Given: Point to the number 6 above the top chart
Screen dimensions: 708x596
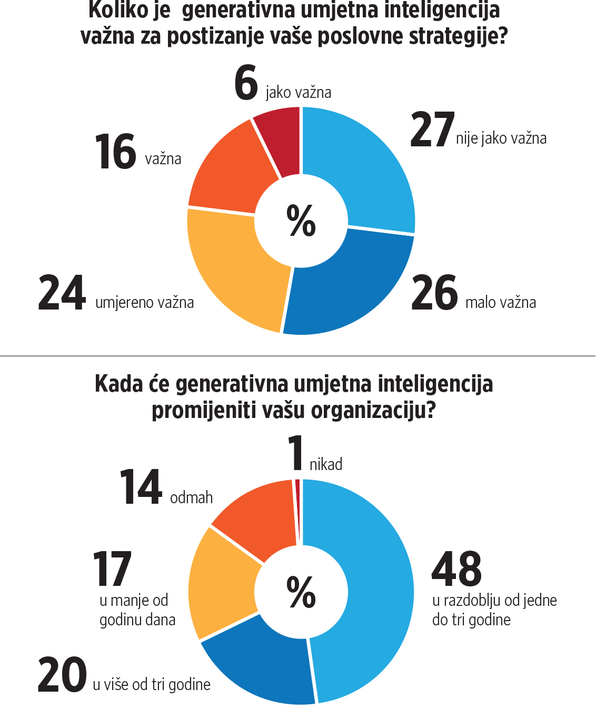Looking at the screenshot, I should (x=246, y=83).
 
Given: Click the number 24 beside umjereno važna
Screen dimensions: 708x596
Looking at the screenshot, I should (x=62, y=293).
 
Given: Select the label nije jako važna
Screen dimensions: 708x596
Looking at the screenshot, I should (x=501, y=138).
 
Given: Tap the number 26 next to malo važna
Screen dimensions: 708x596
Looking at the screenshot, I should (x=434, y=293).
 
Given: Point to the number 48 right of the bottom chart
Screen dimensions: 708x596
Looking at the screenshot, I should (x=456, y=569).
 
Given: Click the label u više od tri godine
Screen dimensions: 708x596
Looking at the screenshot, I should (x=152, y=684).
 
